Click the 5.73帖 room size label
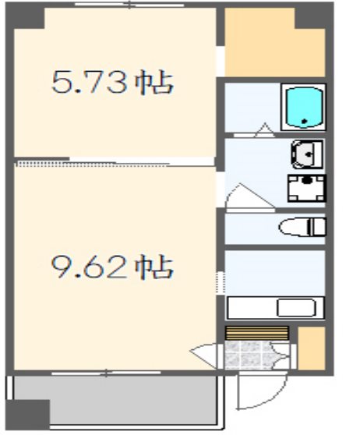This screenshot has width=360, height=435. (113, 83)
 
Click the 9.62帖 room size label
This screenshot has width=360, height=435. (113, 267)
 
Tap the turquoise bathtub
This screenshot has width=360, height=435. (304, 108)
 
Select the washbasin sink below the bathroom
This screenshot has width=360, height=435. (307, 154)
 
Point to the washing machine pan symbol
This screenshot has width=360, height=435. (306, 189)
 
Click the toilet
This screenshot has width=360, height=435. (302, 227)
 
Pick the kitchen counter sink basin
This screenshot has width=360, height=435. (296, 308)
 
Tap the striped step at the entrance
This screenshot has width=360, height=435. (257, 333)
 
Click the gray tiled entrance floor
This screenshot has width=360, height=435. (249, 355)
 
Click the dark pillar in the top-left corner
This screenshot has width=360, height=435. (25, 16)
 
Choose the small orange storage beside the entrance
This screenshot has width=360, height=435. (311, 348)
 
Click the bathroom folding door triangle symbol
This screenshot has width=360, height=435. (265, 130)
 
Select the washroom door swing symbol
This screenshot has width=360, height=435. (249, 197)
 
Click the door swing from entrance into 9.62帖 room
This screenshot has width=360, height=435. (204, 355)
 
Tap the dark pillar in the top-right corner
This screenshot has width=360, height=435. (313, 16)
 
